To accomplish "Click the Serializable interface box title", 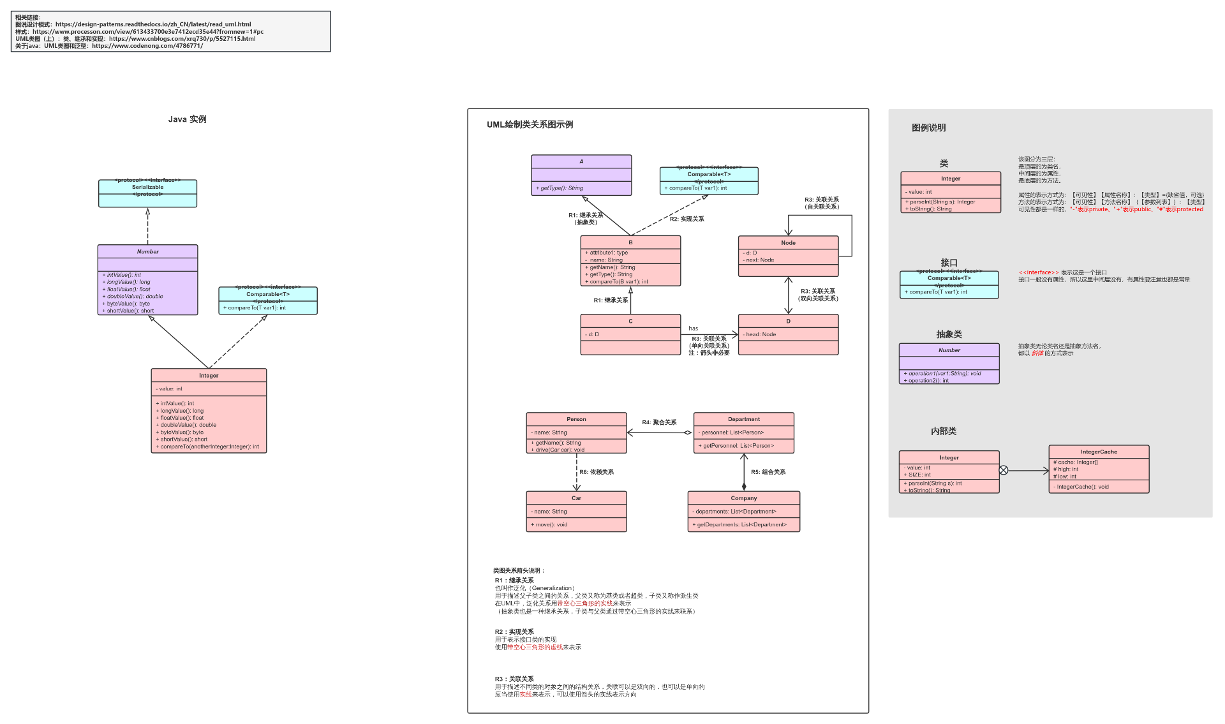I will point(147,187).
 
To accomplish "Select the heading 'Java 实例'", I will point(187,119).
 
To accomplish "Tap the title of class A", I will point(581,161).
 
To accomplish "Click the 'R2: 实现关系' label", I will point(687,219).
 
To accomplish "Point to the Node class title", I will point(788,242).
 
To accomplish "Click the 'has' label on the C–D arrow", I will point(693,329).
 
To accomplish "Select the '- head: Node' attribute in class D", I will point(759,334).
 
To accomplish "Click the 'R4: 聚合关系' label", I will point(659,422).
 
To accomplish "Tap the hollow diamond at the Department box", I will point(688,432).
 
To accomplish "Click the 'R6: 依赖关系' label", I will point(597,472).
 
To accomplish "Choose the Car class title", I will point(576,498).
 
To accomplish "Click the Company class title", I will point(744,498).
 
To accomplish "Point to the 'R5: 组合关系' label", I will point(768,472).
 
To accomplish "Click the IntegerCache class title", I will point(1099,452).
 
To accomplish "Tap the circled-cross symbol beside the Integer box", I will point(1004,470).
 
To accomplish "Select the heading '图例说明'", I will point(928,128).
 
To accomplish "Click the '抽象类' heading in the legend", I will point(949,334).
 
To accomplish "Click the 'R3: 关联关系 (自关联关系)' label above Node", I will point(822,203).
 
